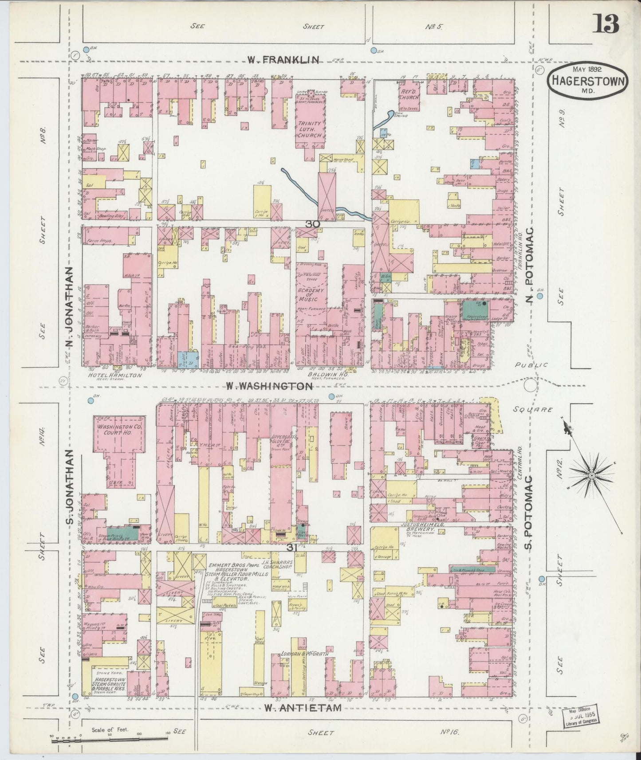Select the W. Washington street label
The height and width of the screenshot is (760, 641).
pyautogui.click(x=269, y=386)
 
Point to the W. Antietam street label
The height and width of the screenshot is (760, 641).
pyautogui.click(x=303, y=708)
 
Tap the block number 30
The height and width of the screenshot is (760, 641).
pyautogui.click(x=313, y=224)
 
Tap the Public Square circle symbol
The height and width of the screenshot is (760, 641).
pyautogui.click(x=530, y=385)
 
